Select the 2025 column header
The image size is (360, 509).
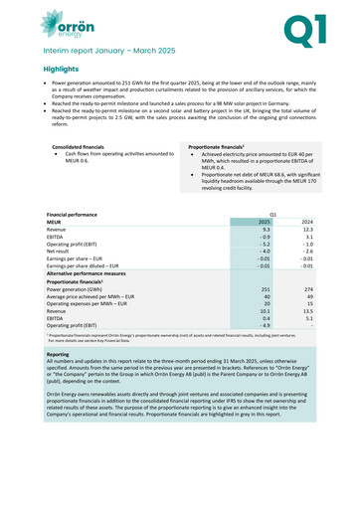pyautogui.click(x=264, y=222)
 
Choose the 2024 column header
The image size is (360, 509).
pyautogui.click(x=306, y=222)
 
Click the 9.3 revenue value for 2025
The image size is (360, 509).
pyautogui.click(x=266, y=230)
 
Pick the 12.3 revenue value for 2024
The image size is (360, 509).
pyautogui.click(x=307, y=230)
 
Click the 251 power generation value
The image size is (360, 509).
pyautogui.click(x=265, y=290)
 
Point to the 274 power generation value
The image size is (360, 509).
pyautogui.click(x=307, y=290)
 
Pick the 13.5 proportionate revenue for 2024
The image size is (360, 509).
pyautogui.click(x=307, y=316)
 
